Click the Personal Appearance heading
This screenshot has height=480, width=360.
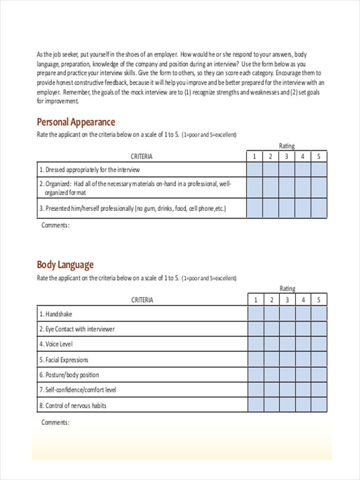(x=76, y=122)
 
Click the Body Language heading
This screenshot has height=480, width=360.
(x=65, y=264)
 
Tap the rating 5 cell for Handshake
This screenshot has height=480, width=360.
(x=319, y=314)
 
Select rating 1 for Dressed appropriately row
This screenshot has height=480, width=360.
(x=254, y=169)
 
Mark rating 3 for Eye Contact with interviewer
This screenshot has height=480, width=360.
(x=288, y=329)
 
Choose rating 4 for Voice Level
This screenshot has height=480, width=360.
(x=303, y=344)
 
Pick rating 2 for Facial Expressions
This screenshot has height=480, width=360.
(x=272, y=359)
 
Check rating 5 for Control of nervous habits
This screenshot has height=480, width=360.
(x=319, y=405)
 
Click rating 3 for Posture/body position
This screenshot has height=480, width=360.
(x=288, y=374)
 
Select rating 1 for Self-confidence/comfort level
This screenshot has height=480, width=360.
(x=256, y=389)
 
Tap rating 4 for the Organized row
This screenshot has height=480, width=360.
(x=303, y=188)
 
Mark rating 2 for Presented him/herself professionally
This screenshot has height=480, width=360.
(x=270, y=208)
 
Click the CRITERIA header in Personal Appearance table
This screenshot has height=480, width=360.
(x=142, y=156)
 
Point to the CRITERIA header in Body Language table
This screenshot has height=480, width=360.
(x=142, y=300)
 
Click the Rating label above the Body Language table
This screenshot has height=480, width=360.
(x=287, y=288)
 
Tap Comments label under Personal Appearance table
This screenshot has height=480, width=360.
(x=56, y=225)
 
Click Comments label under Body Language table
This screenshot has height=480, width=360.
(x=56, y=422)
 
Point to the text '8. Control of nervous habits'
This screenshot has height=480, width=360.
(x=73, y=405)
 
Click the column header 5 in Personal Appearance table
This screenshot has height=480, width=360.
(x=319, y=156)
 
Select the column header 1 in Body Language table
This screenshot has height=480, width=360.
(x=256, y=300)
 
